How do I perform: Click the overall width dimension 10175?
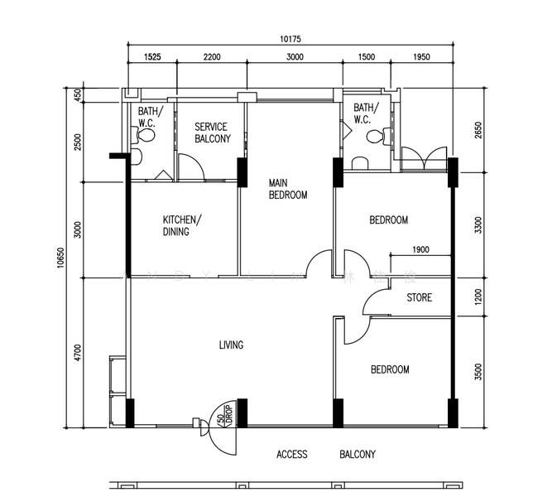(290, 39)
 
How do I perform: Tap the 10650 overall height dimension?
(60, 258)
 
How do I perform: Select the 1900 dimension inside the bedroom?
(420, 249)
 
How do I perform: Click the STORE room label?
(420, 297)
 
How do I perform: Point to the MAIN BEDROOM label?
(288, 189)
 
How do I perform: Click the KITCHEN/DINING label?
(182, 225)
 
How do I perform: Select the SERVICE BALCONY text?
(213, 133)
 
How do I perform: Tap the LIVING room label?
(231, 345)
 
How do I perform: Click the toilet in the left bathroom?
(143, 135)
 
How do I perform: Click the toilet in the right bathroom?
(379, 136)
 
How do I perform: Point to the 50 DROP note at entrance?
(226, 415)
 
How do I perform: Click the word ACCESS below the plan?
(292, 455)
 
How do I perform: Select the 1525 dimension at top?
(152, 57)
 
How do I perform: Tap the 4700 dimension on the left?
(78, 353)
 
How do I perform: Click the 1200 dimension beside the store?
(478, 297)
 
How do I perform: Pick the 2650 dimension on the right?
(478, 130)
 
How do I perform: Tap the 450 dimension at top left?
(78, 94)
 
